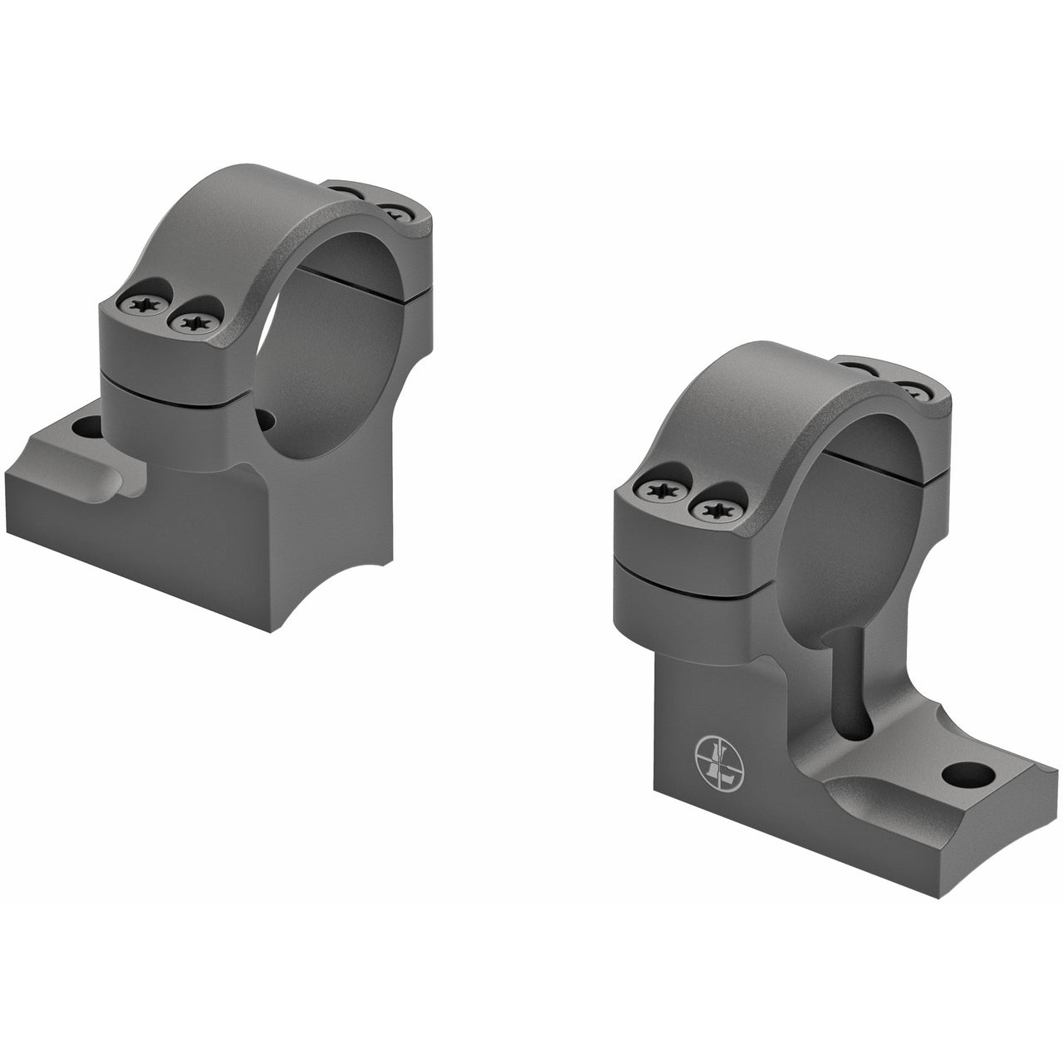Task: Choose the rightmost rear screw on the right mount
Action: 914,390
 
